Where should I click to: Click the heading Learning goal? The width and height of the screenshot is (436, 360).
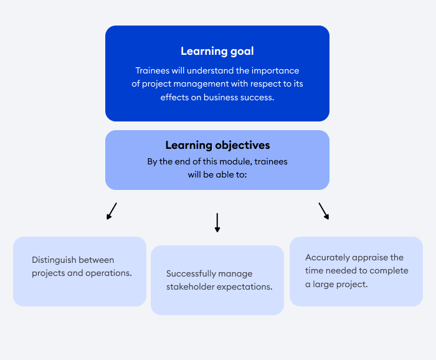217,51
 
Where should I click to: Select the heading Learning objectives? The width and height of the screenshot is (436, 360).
217,145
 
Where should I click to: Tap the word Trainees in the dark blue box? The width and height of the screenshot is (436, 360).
153,70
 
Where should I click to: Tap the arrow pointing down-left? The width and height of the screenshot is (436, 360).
111,211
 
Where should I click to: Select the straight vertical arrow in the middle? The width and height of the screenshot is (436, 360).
217,222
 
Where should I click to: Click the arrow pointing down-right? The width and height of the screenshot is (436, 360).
324,211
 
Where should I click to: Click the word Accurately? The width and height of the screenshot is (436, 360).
327,257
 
